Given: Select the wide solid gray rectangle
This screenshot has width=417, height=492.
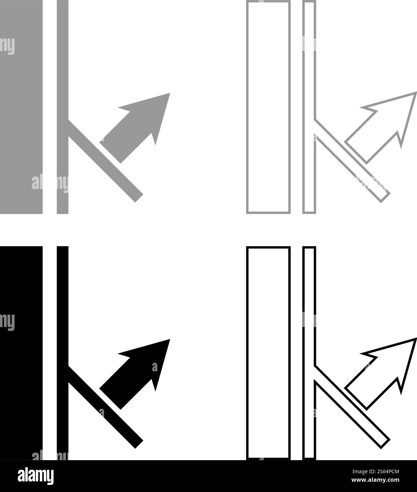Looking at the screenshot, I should (x=21, y=106).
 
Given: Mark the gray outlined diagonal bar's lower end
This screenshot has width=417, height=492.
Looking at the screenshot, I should (x=384, y=196).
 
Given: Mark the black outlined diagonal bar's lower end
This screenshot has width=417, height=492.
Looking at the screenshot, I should (x=384, y=443).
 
